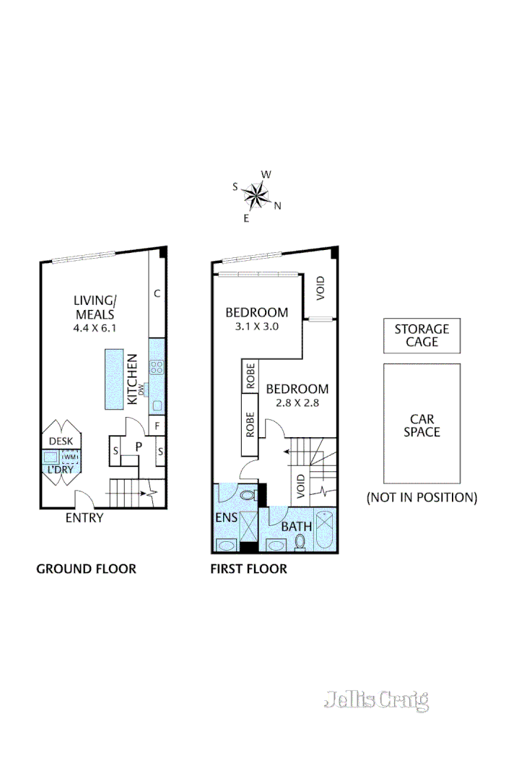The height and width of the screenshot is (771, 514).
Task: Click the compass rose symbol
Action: pyautogui.click(x=256, y=194)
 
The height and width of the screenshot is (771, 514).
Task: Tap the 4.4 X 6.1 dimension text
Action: pyautogui.click(x=94, y=327)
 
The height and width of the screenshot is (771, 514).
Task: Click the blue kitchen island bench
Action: pyautogui.click(x=114, y=379)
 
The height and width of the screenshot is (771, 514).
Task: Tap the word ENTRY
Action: pyautogui.click(x=84, y=517)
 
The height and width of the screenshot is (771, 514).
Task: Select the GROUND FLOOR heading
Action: pyautogui.click(x=86, y=569)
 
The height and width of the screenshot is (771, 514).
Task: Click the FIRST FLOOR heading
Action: pyautogui.click(x=248, y=569)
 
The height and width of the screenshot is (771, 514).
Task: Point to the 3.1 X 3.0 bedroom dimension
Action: pyautogui.click(x=256, y=326)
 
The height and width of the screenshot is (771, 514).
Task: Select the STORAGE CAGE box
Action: pyautogui.click(x=422, y=335)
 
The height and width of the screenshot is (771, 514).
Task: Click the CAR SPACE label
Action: pyautogui.click(x=422, y=426)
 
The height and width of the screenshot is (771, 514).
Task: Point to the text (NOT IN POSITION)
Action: pyautogui.click(x=422, y=497)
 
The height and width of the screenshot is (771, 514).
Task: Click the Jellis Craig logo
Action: pyautogui.click(x=376, y=699)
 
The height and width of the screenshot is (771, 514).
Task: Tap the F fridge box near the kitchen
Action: pyautogui.click(x=157, y=426)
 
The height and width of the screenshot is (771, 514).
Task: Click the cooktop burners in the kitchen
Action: pyautogui.click(x=157, y=366)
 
